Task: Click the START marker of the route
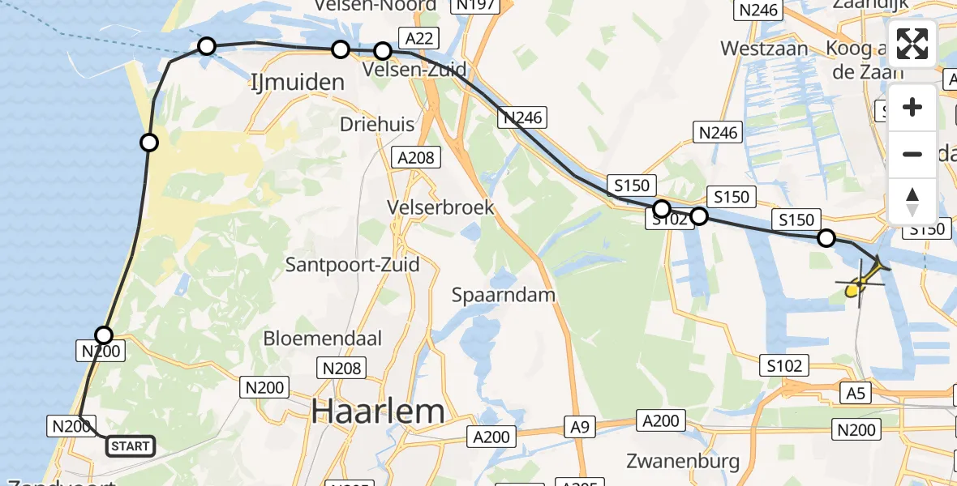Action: pyautogui.click(x=130, y=446)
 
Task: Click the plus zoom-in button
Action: pyautogui.click(x=912, y=108)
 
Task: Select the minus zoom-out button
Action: pyautogui.click(x=912, y=154)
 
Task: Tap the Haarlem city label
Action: pyautogui.click(x=378, y=412)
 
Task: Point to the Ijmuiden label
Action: pyautogui.click(x=297, y=82)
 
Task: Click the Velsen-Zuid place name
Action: pyautogui.click(x=415, y=70)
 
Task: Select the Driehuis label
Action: pyautogui.click(x=377, y=124)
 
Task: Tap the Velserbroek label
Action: pyautogui.click(x=441, y=207)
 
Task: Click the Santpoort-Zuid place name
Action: pyautogui.click(x=352, y=264)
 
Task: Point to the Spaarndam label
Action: pyautogui.click(x=504, y=294)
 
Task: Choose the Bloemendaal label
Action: pyautogui.click(x=322, y=338)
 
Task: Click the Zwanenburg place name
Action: pyautogui.click(x=683, y=462)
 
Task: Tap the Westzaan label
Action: pyautogui.click(x=764, y=49)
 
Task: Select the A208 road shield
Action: pyautogui.click(x=416, y=158)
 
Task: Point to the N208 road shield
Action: pyautogui.click(x=341, y=369)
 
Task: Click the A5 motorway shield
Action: pyautogui.click(x=855, y=394)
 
